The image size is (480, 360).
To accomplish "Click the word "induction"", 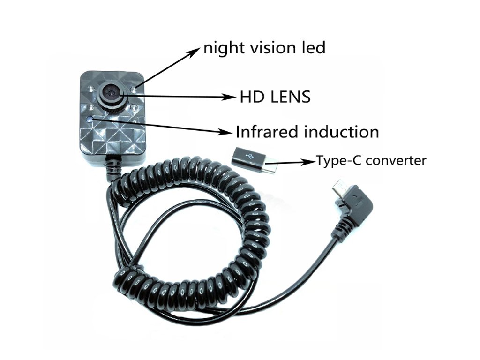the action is (x=342, y=132).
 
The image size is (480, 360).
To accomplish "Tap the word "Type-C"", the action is (x=339, y=161).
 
